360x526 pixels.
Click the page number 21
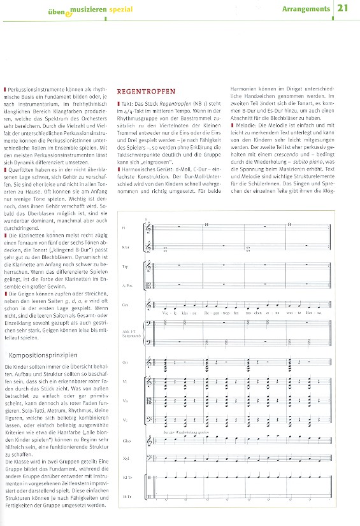(343, 8)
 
